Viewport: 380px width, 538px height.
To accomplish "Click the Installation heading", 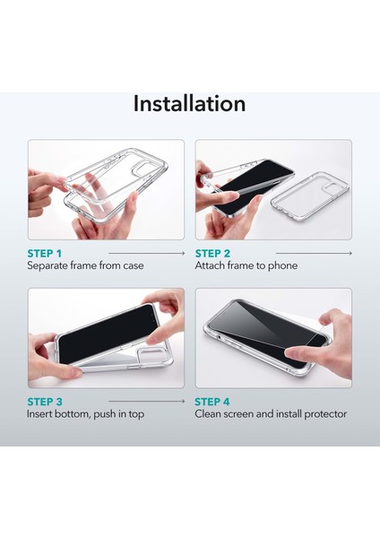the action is pos(189,103).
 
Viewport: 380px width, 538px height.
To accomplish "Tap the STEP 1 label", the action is pos(45,254).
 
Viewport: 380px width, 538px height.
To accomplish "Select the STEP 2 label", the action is pos(212,254).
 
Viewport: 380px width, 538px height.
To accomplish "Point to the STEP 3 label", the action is pos(45,402).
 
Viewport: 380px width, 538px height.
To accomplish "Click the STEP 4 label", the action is pos(212,402).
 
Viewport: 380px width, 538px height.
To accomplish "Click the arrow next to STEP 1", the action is pos(147,253).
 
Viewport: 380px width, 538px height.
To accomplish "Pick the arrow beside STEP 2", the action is pos(314,253).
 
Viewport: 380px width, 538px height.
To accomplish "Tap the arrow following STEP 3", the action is pos(147,401).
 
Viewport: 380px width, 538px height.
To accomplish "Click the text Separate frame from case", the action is pos(85,265).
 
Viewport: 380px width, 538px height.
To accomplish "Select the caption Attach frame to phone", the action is pos(246,265).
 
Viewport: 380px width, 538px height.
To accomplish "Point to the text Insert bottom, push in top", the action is pos(85,413).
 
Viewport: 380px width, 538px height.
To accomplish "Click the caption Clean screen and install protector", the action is pos(271,413).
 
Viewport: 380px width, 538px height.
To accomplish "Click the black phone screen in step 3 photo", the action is pos(108,334).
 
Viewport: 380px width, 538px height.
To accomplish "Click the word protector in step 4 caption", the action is pos(325,414).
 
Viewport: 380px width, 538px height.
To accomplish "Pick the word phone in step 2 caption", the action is pos(283,266).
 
